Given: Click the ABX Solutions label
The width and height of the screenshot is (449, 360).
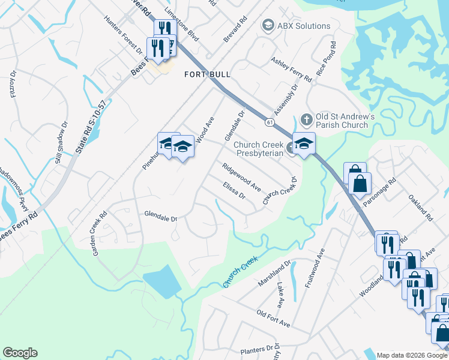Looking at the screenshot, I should [x=303, y=26].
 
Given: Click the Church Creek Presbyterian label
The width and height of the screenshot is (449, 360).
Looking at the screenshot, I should [x=258, y=149].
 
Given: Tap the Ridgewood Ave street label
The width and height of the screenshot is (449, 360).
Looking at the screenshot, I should [x=241, y=177].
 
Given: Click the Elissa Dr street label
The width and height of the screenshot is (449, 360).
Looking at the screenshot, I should [x=234, y=191].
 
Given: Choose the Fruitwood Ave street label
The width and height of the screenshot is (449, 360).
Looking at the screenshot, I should [x=315, y=268].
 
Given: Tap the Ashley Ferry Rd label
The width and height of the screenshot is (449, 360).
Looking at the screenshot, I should [x=292, y=69].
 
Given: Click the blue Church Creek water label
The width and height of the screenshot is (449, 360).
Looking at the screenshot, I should [x=240, y=271].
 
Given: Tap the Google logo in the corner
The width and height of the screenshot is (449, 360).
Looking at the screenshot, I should [x=20, y=353].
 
